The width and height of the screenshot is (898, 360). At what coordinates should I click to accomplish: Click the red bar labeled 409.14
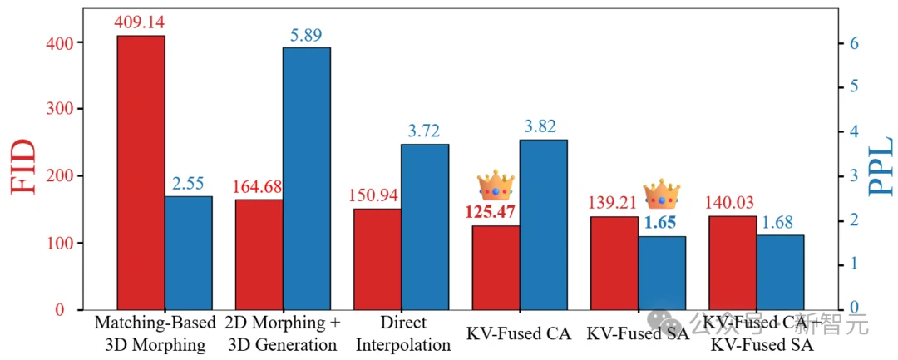point(141,173)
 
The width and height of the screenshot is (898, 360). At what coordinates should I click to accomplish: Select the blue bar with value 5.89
point(307,179)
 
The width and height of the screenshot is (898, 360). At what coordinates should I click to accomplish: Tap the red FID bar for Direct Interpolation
point(377,259)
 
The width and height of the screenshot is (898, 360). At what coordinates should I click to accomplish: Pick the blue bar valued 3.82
point(544,224)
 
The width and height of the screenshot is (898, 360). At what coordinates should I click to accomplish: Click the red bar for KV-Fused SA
point(614,263)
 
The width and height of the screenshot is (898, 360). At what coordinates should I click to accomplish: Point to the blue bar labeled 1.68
point(781,272)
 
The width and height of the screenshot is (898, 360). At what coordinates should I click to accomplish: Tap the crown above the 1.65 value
point(662,193)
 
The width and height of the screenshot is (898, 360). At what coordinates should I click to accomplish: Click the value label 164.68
point(259,185)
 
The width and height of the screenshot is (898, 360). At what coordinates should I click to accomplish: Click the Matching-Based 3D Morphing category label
point(155,333)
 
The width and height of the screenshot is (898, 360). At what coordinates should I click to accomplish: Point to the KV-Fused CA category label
point(519,334)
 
